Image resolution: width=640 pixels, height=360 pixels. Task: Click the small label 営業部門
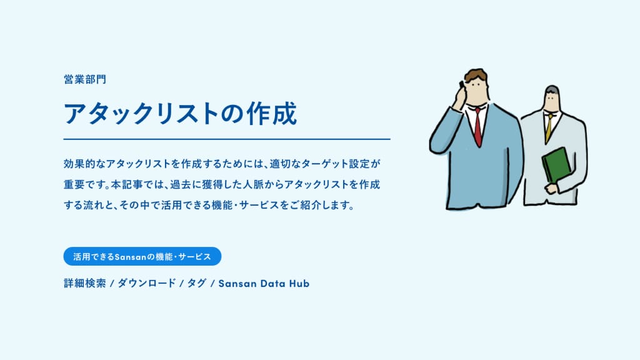tap(85, 79)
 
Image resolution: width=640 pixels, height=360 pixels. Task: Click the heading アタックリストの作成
tap(180, 113)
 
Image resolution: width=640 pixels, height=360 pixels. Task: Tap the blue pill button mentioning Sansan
tap(142, 256)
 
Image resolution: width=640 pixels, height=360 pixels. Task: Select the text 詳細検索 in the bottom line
tap(85, 283)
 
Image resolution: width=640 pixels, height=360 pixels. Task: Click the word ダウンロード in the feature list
tap(147, 283)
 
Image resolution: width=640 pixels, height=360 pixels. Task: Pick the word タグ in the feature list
tap(197, 283)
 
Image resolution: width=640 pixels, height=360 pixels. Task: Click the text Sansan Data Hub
tap(264, 283)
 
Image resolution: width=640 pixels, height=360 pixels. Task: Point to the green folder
tap(557, 165)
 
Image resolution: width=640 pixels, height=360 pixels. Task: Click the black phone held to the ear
tap(462, 85)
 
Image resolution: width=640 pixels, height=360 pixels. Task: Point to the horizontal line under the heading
tap(227, 139)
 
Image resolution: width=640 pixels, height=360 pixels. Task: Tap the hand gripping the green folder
tap(551, 187)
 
